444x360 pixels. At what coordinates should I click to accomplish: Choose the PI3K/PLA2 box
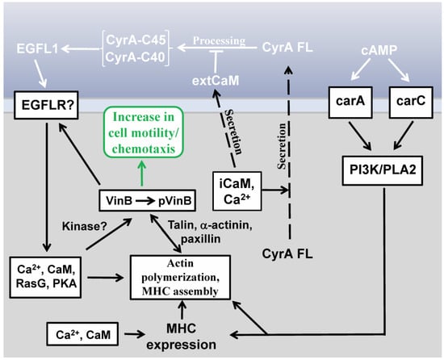coord(375,171)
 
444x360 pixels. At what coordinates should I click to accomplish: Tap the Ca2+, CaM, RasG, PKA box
coord(42,278)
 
